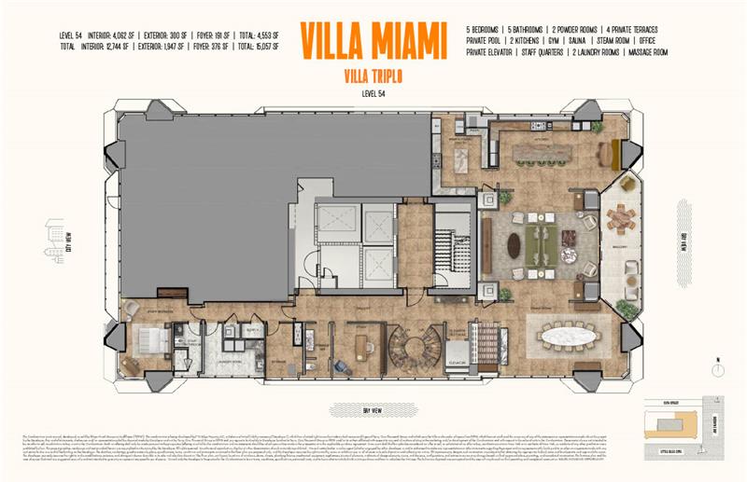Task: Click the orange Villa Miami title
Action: (x=373, y=39)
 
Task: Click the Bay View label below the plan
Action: (x=373, y=409)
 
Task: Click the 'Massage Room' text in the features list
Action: (x=645, y=52)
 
